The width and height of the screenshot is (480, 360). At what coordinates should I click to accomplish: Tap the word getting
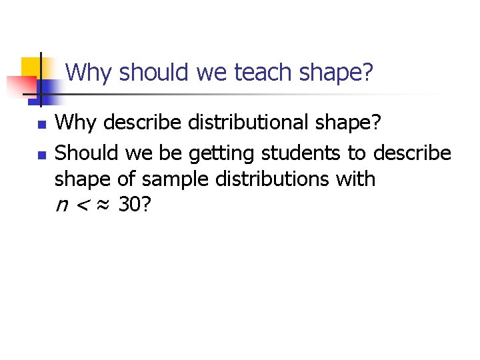click(x=221, y=153)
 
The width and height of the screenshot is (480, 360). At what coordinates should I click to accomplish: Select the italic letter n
click(x=61, y=207)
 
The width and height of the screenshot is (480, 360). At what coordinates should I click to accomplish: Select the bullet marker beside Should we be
click(x=41, y=155)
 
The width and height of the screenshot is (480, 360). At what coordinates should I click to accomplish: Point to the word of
click(x=126, y=179)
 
